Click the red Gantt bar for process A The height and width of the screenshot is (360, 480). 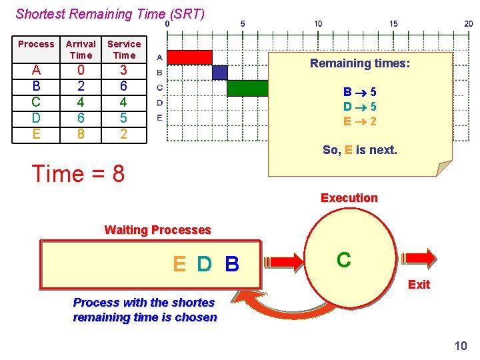click(x=189, y=57)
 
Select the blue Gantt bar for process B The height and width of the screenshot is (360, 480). click(x=219, y=72)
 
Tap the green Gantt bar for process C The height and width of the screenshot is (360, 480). click(x=247, y=87)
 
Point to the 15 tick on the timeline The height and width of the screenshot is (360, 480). click(x=394, y=23)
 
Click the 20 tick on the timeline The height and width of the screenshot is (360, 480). click(x=469, y=23)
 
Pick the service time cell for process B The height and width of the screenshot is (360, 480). click(x=123, y=86)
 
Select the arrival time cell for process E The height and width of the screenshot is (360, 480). click(x=81, y=133)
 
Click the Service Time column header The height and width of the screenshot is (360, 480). click(x=124, y=49)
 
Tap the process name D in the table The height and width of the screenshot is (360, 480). click(x=36, y=117)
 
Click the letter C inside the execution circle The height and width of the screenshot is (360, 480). click(x=344, y=260)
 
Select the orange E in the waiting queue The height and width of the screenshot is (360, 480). click(x=179, y=265)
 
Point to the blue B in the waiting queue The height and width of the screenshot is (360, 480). click(x=232, y=265)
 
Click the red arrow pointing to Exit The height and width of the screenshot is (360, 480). click(x=419, y=257)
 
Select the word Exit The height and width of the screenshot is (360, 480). click(x=419, y=285)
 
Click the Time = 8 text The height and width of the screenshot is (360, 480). click(x=78, y=173)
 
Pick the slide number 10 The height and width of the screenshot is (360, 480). click(x=460, y=345)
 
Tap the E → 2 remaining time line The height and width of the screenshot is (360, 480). click(x=359, y=121)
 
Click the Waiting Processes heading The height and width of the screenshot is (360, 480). click(x=157, y=230)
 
